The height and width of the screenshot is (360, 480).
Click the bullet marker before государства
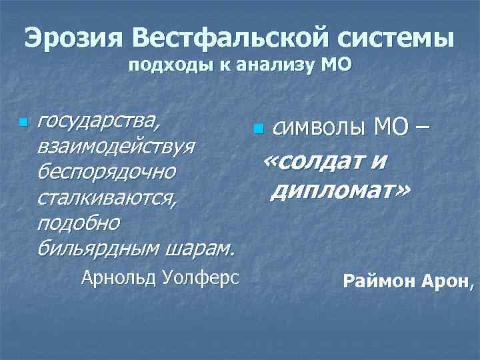pyautogui.click(x=23, y=123)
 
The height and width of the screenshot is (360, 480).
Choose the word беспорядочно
pyautogui.click(x=107, y=171)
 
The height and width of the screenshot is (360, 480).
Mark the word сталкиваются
pyautogui.click(x=107, y=197)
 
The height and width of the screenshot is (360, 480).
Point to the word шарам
pyautogui.click(x=203, y=248)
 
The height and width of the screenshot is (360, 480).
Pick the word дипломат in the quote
pyautogui.click(x=341, y=192)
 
